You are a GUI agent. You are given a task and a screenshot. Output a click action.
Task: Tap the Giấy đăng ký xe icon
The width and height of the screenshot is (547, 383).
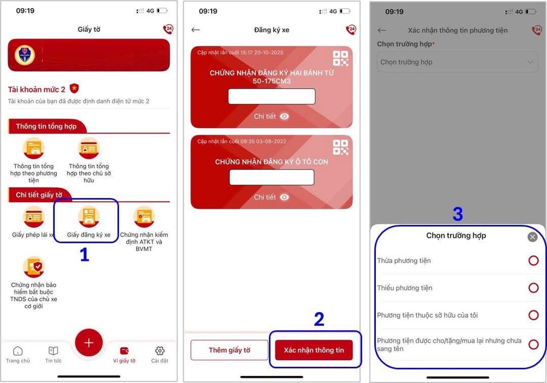(x=88, y=216)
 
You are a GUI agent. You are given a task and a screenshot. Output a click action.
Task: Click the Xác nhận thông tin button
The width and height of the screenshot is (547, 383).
(x=314, y=350)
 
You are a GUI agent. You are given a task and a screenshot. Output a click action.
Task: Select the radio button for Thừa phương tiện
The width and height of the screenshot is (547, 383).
(x=533, y=261)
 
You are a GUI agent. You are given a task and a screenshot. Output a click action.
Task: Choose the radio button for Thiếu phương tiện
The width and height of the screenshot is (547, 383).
(x=533, y=288)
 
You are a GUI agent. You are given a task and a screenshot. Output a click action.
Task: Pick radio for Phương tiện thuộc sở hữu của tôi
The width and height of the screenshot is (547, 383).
(x=533, y=315)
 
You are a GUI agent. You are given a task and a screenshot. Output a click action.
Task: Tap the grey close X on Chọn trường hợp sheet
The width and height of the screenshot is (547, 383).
(x=532, y=237)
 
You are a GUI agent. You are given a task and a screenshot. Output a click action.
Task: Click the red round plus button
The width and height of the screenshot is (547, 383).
(x=89, y=342)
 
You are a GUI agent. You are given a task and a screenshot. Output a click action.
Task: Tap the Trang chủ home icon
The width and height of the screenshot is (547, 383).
(x=18, y=351)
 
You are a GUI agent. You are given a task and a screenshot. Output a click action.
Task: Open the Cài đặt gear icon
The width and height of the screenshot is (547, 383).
(x=159, y=351)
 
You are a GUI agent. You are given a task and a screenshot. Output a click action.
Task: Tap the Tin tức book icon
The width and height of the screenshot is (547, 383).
(x=53, y=351)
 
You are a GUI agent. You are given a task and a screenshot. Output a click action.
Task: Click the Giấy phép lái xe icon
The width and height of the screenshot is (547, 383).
(x=33, y=216)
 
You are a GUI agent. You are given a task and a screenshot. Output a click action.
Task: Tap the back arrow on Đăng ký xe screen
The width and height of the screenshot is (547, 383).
(x=196, y=30)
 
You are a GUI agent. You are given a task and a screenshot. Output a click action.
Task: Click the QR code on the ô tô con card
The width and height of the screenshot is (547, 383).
(x=340, y=147)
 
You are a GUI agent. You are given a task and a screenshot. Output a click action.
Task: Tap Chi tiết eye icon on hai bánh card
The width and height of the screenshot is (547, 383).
(x=284, y=116)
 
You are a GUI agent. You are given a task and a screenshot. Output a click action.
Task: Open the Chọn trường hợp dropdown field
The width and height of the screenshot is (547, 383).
(x=457, y=62)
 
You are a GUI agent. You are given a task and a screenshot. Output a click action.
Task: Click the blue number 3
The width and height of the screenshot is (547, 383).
(x=457, y=215)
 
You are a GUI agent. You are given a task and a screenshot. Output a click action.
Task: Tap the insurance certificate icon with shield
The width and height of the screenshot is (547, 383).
(x=33, y=267)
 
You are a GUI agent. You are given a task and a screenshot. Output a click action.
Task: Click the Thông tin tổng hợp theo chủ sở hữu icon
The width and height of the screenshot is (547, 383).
(x=88, y=148)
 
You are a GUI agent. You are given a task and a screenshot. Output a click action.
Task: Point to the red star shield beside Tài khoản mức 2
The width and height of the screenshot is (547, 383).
(x=74, y=89)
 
